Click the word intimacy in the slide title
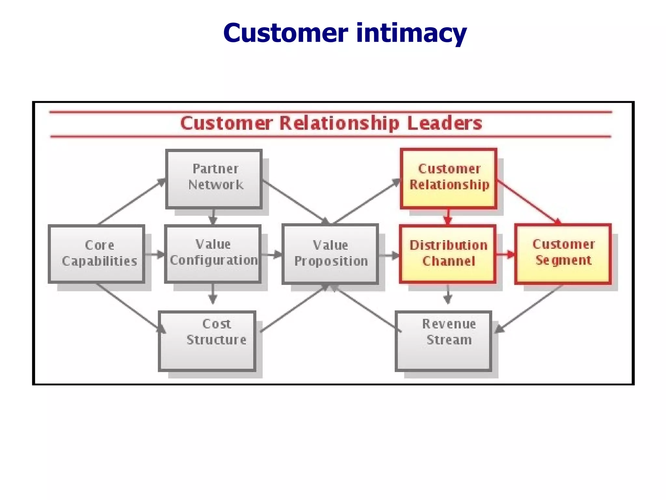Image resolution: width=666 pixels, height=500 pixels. (411, 34)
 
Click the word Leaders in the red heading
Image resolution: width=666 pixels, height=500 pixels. (444, 123)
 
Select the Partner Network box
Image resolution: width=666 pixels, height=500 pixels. (214, 179)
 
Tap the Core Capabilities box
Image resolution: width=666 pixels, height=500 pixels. (97, 254)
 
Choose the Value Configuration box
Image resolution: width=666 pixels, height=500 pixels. (213, 254)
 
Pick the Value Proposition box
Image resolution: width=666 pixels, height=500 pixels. (330, 254)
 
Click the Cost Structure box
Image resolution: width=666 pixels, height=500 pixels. (207, 340)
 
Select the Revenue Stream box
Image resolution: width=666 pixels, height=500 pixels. (443, 340)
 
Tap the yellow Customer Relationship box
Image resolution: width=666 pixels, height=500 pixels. (448, 178)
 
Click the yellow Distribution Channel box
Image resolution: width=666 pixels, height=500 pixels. (448, 254)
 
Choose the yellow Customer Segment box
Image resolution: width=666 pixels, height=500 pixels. (563, 254)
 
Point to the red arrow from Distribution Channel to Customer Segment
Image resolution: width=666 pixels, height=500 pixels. (505, 254)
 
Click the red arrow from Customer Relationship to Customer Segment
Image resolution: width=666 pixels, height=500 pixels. (528, 202)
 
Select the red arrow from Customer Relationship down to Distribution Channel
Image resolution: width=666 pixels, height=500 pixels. (448, 216)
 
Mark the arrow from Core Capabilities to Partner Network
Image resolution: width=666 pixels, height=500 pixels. (132, 201)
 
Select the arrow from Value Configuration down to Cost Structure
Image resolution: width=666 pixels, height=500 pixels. (213, 294)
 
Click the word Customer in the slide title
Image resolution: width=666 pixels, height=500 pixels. (286, 34)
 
